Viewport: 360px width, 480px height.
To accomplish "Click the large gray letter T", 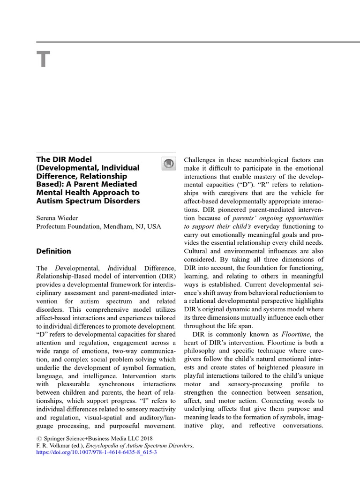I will (43, 60).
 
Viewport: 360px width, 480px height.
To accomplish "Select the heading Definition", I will (54, 251).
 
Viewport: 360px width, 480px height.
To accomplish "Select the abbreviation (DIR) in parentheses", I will (167, 276).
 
